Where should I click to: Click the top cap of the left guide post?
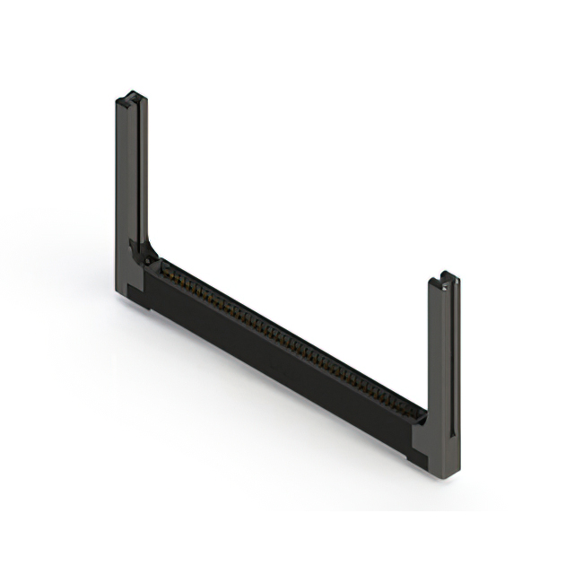pyautogui.click(x=132, y=96)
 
